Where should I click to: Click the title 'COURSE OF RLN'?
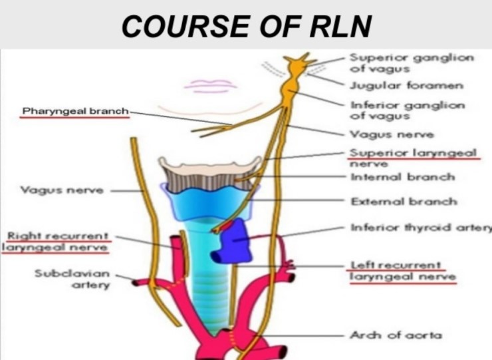pos(246,25)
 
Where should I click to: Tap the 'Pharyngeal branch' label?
pos(74,110)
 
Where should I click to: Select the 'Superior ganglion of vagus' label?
pos(411,63)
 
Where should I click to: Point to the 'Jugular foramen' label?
pos(406,86)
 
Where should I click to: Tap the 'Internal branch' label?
pos(402,177)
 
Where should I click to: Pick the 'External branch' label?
pos(403,201)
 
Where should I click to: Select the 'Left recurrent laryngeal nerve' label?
pos(402,271)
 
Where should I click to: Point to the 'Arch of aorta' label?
pos(396,335)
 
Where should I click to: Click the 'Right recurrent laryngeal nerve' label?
pos(57,242)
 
